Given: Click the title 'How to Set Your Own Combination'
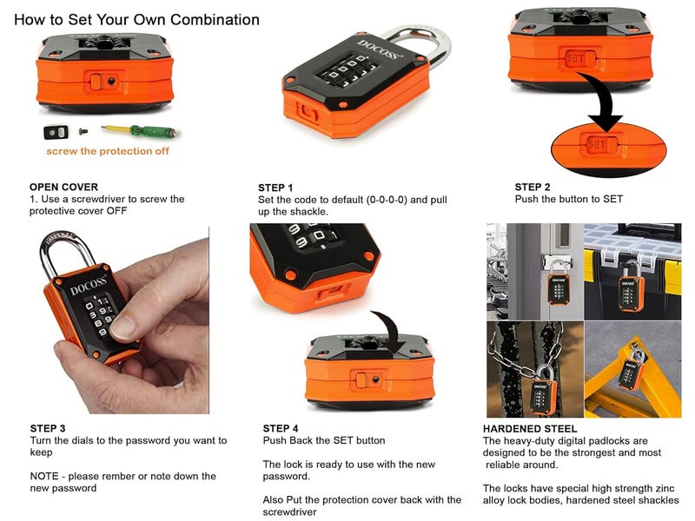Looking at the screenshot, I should (x=136, y=19).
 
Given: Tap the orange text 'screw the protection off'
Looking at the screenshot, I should (x=108, y=151).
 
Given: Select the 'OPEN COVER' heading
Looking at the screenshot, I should (x=63, y=187).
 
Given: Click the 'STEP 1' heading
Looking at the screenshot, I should (x=275, y=188).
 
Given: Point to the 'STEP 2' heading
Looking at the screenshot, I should (x=532, y=187).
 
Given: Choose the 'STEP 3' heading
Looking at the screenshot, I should (x=47, y=428).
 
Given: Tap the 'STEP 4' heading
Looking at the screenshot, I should (x=281, y=428).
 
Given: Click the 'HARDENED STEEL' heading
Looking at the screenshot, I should (x=530, y=428).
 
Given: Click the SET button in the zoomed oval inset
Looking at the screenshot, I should (x=599, y=144).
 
